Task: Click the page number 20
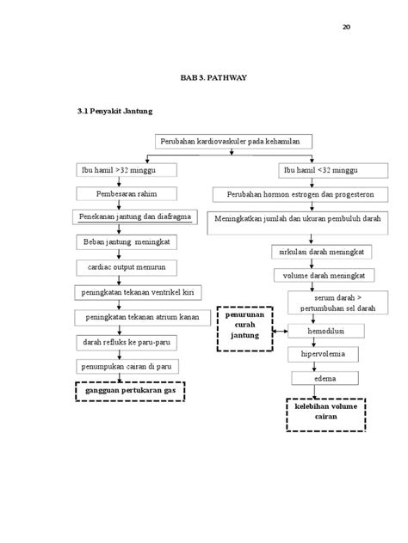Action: point(346,27)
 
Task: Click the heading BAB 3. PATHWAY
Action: point(213,78)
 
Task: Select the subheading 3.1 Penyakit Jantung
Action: point(115,113)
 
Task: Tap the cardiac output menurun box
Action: point(127,267)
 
